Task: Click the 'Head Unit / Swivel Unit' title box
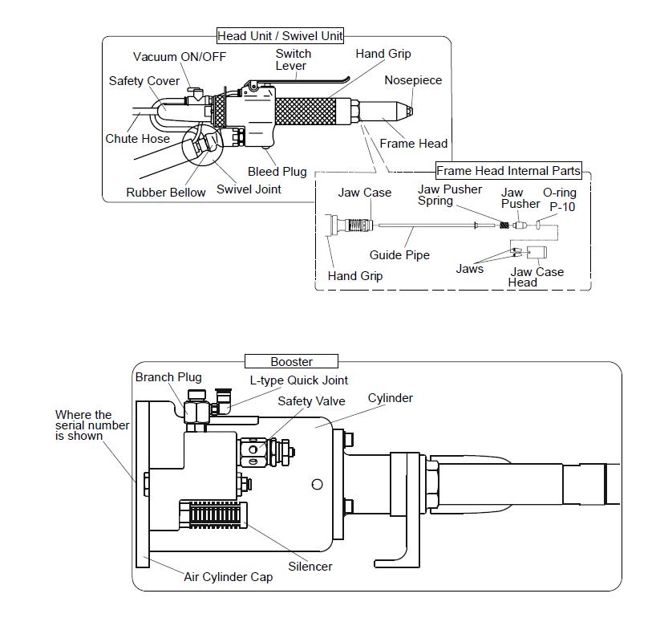click(x=280, y=36)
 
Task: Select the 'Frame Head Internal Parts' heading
click(x=508, y=171)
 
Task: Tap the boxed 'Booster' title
click(x=291, y=362)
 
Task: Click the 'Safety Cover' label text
click(x=144, y=81)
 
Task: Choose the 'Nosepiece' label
click(x=413, y=80)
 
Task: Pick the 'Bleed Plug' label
click(x=277, y=172)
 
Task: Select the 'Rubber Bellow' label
click(x=166, y=193)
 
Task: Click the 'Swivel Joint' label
click(x=249, y=189)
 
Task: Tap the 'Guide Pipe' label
click(x=399, y=255)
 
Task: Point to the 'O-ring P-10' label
click(x=559, y=200)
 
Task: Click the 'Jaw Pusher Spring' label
click(x=449, y=195)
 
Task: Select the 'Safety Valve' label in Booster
click(x=312, y=401)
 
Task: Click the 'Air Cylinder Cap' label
click(x=229, y=577)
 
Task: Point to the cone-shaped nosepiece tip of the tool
click(x=409, y=111)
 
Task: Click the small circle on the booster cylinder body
click(x=318, y=484)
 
